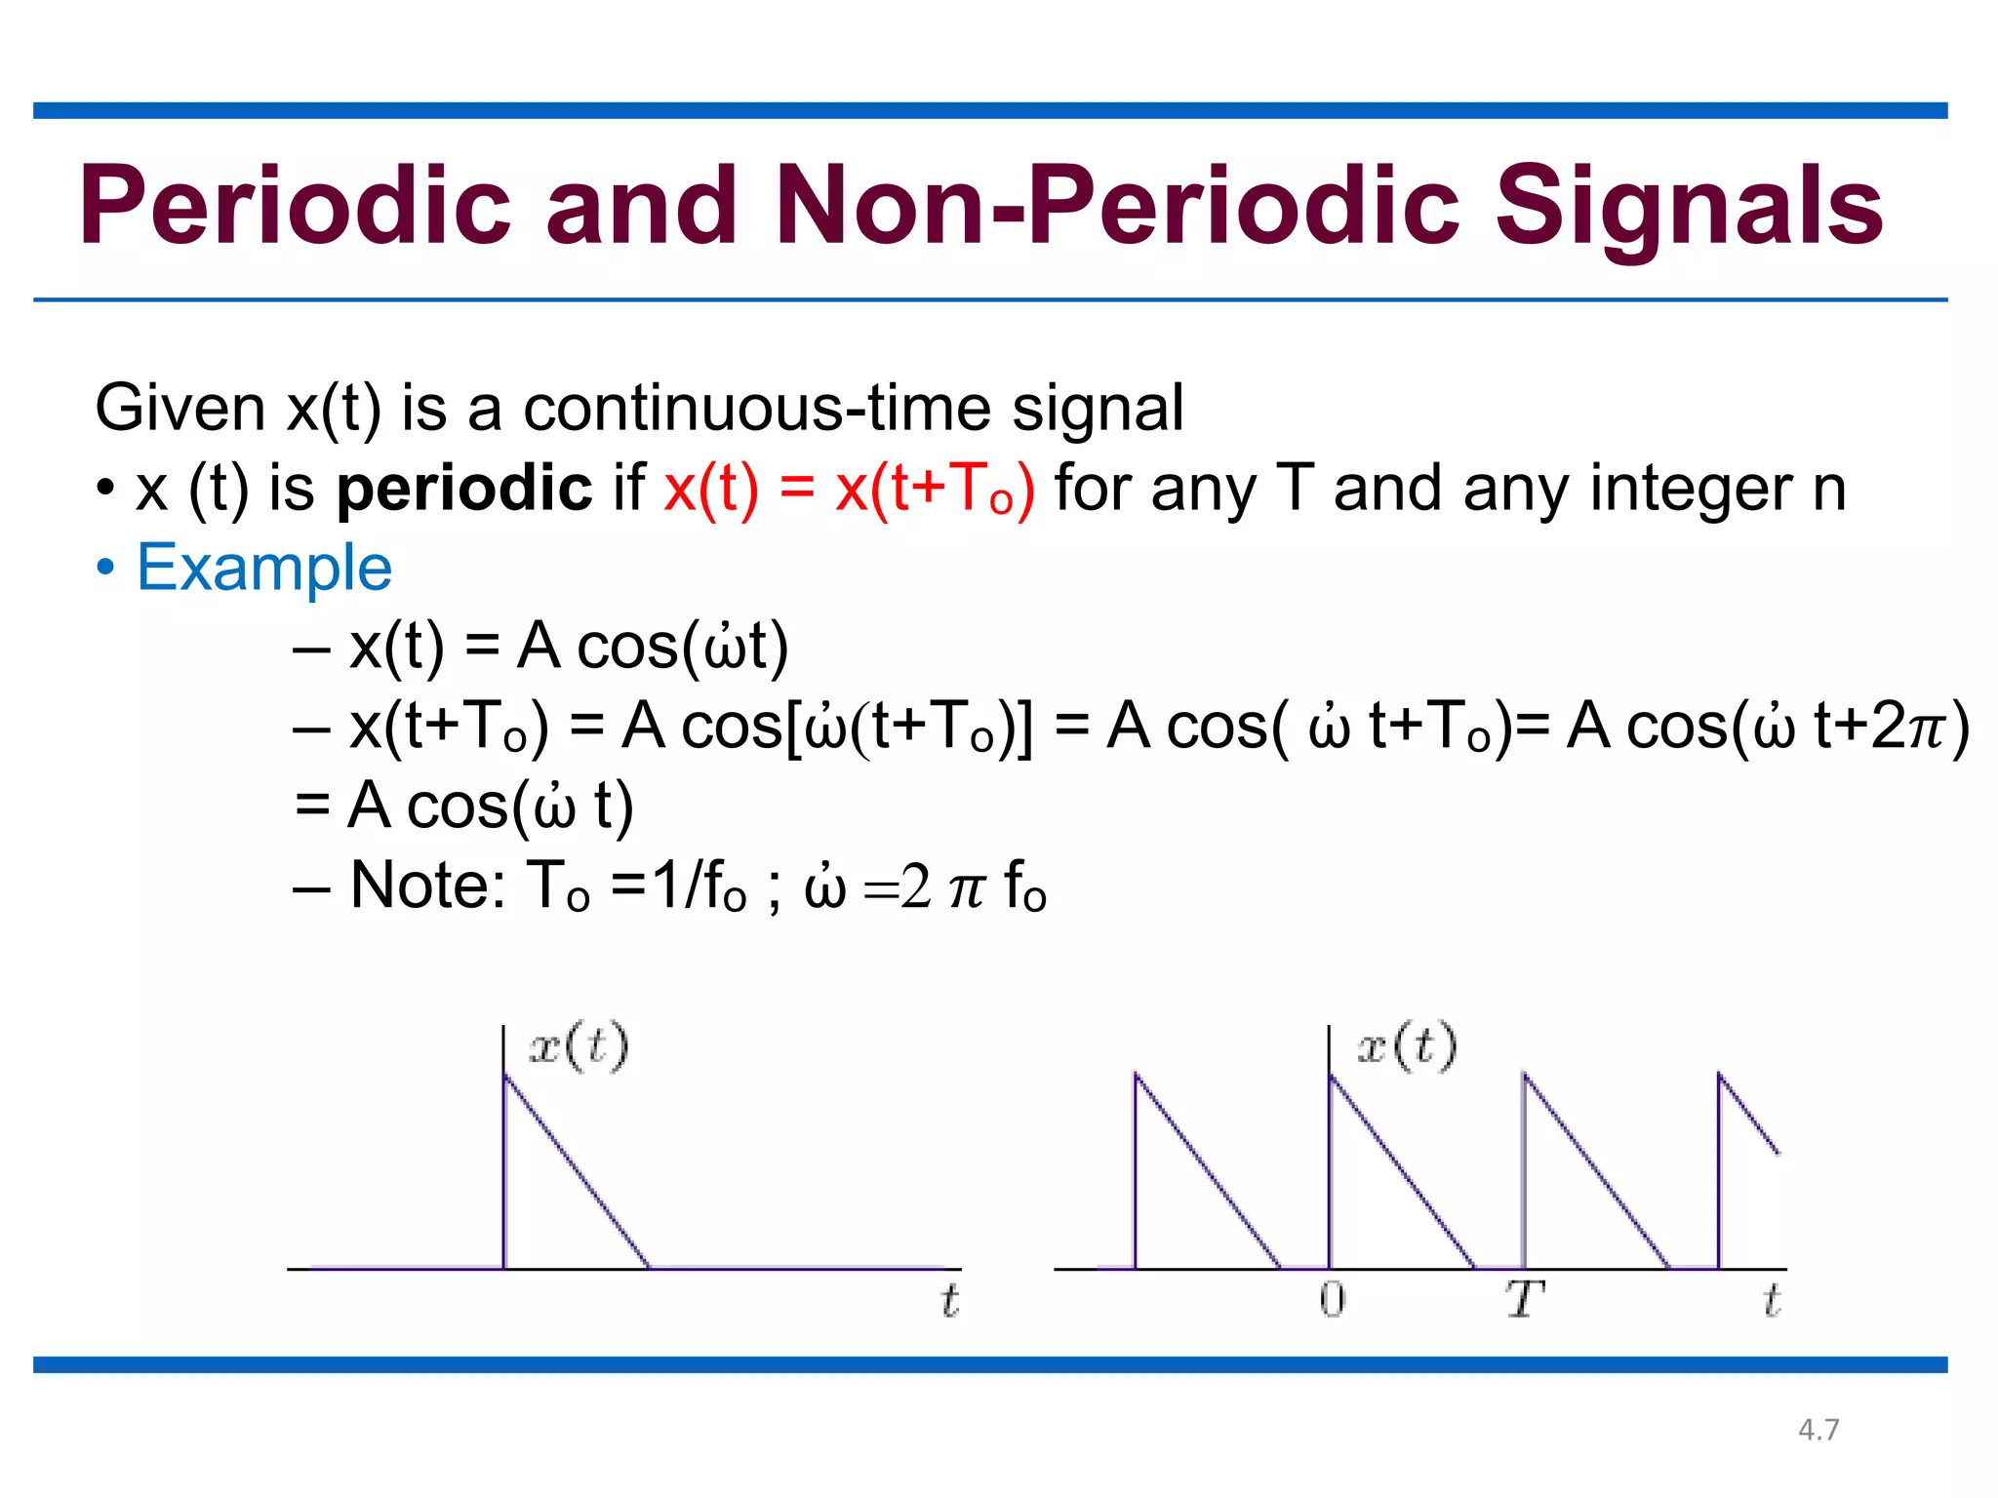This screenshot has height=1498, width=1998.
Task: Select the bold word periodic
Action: (x=463, y=488)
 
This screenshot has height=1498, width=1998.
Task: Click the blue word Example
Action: (x=263, y=568)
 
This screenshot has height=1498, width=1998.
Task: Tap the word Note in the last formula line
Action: (x=425, y=886)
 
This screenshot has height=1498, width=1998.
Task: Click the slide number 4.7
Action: (x=1818, y=1430)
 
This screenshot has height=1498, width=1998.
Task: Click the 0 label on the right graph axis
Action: (x=1332, y=1300)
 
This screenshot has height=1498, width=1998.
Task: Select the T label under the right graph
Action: (x=1524, y=1300)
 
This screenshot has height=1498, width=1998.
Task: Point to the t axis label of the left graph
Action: (x=949, y=1301)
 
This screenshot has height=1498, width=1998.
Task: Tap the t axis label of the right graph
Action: (x=1772, y=1301)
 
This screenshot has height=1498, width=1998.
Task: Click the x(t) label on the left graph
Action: (x=579, y=1047)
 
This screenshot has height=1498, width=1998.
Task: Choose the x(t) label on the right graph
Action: (x=1407, y=1047)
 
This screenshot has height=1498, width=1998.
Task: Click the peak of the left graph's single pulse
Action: (x=504, y=1075)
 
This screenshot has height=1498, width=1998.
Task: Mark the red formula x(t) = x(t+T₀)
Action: (x=848, y=488)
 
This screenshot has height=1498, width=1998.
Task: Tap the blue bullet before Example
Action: (x=105, y=568)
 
